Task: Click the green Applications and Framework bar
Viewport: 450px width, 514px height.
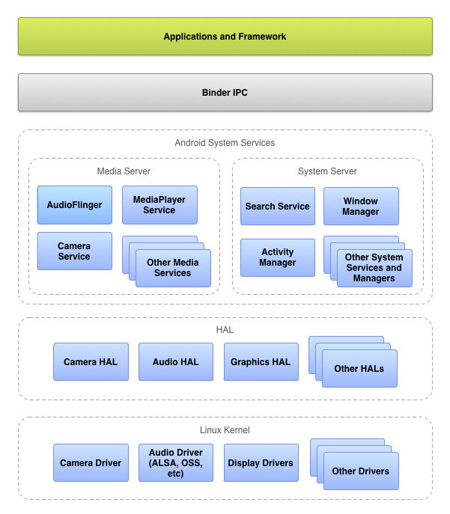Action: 225,37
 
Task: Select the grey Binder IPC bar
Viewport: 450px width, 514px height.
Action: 225,93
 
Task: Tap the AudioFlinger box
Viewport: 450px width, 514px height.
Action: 75,205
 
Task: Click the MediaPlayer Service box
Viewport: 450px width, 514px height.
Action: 159,205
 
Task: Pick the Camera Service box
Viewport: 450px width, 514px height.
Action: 75,251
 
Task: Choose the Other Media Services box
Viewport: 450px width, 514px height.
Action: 173,268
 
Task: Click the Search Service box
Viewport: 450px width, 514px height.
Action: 278,206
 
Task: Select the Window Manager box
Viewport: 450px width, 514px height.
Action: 361,206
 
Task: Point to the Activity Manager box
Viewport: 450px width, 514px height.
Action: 278,257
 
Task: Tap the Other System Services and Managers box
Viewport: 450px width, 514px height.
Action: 374,268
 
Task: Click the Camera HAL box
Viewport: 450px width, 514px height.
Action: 91,362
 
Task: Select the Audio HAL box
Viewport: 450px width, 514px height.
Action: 176,362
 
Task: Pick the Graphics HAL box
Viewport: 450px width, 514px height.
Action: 261,362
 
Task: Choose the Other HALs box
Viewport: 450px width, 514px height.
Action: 359,368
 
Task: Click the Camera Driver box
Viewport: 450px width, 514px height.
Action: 91,463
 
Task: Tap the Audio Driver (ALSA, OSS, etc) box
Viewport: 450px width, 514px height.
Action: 176,463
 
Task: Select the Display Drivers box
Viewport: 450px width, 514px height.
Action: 261,463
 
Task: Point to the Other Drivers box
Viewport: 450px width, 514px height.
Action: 361,471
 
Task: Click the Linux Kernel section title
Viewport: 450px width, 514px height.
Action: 225,430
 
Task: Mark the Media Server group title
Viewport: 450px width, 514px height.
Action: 124,171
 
